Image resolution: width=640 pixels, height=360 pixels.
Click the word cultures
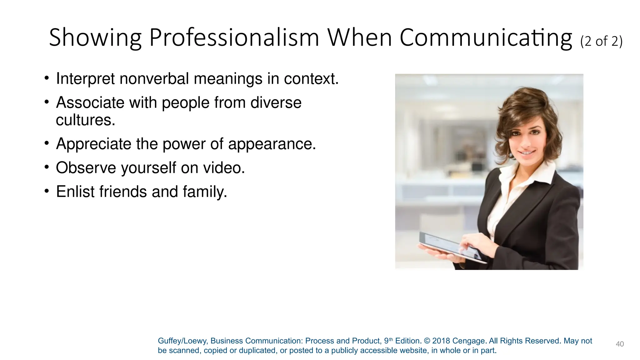tap(85, 120)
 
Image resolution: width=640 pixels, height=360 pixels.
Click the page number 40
tap(619, 344)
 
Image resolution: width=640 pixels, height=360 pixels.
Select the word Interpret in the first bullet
tap(85, 79)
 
